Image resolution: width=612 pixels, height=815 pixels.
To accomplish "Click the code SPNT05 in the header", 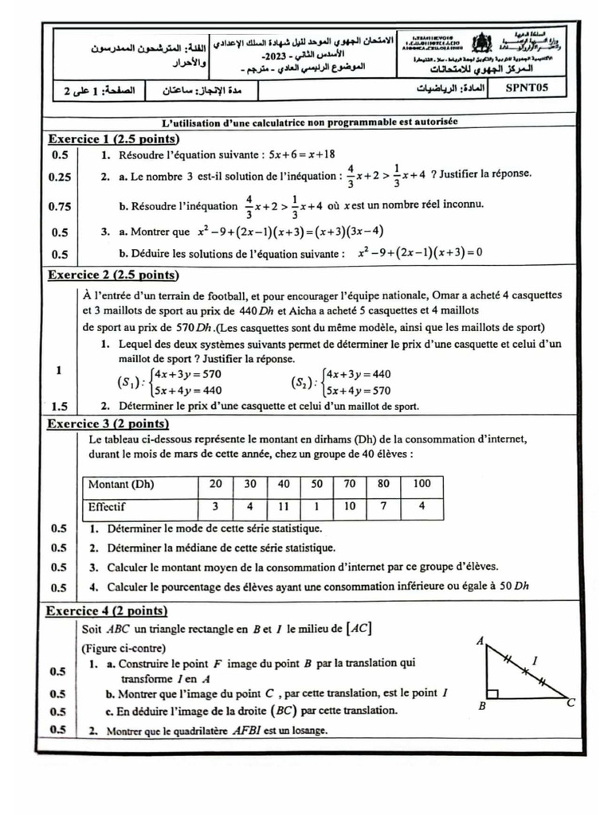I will click(x=534, y=89).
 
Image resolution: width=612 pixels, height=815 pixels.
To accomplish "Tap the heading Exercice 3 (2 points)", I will click(x=108, y=423).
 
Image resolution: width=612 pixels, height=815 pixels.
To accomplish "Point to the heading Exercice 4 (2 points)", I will click(x=107, y=611).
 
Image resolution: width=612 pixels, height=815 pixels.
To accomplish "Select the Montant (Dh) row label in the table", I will click(x=121, y=484).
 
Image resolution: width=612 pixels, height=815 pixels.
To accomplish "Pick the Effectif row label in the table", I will click(x=107, y=506).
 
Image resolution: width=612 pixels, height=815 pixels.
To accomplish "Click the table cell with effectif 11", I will click(x=284, y=506).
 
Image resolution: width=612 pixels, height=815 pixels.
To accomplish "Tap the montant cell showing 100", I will click(x=422, y=484).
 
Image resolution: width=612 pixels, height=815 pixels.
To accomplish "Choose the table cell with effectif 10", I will click(x=350, y=506).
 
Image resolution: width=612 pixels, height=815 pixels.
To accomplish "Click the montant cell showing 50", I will click(x=316, y=484).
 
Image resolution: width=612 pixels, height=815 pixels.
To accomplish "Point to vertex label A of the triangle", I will click(x=480, y=641).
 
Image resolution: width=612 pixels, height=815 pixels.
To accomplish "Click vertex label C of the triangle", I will click(x=571, y=704).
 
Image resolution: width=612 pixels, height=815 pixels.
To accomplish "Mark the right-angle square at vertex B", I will click(x=493, y=692).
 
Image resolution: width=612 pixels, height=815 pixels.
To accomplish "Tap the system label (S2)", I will click(x=304, y=382).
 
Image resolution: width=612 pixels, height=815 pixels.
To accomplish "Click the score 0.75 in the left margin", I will click(x=60, y=206).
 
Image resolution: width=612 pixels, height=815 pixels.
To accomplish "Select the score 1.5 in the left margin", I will click(x=60, y=405).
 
